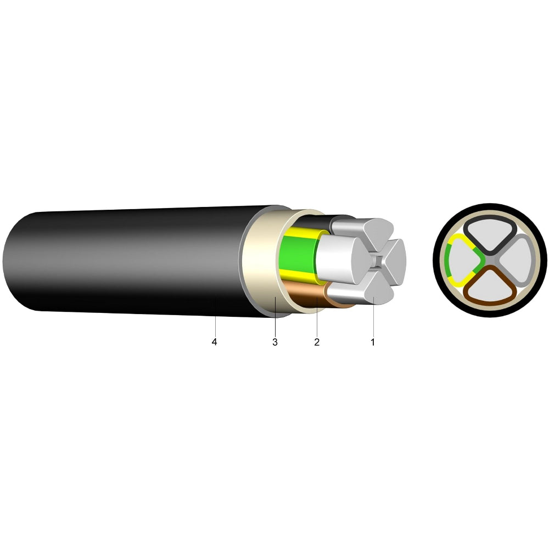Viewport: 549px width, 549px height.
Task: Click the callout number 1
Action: point(373,342)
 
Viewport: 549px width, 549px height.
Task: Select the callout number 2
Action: point(317,342)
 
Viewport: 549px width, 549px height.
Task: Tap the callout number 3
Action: point(275,342)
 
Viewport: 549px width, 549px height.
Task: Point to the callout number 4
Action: point(214,342)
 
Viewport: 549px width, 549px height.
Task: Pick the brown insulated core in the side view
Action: point(305,293)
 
